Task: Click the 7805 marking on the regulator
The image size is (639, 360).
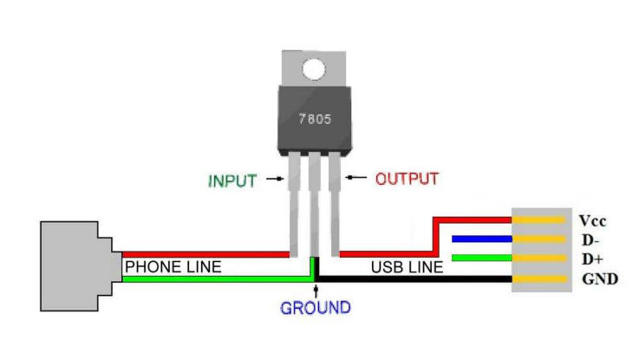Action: pyautogui.click(x=313, y=118)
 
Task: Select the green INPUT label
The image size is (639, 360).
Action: pyautogui.click(x=232, y=181)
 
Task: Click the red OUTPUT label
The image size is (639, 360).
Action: pyautogui.click(x=407, y=180)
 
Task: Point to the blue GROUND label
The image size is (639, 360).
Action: pyautogui.click(x=315, y=308)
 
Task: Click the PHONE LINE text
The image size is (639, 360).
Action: pyautogui.click(x=173, y=267)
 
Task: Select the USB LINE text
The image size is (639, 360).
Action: pyautogui.click(x=408, y=267)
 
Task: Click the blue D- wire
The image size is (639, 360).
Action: pyautogui.click(x=481, y=238)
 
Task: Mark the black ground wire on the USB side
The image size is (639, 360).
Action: pyautogui.click(x=416, y=279)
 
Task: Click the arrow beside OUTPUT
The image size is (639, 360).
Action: pyautogui.click(x=354, y=179)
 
